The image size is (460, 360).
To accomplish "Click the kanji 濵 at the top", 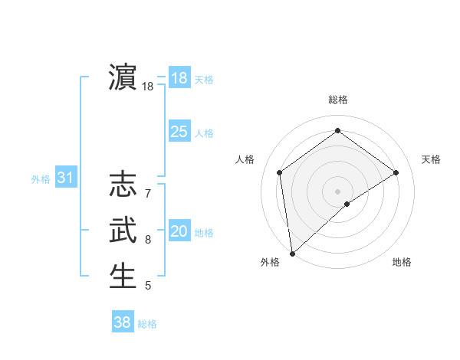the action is coord(123,77).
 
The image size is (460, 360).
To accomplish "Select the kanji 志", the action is coord(123,185).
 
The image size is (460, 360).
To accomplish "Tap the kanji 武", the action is coord(123,231).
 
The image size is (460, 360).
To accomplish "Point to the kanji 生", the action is coord(123,276).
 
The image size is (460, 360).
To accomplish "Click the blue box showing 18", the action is coord(179,78).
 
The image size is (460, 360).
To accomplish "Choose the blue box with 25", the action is coord(179,132).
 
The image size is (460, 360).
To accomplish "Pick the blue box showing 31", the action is coord(65,178).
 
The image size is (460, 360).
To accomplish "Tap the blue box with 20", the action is coord(179,231).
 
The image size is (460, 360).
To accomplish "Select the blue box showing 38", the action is coord(122,322).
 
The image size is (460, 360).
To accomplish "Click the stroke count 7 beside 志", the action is coord(148,185).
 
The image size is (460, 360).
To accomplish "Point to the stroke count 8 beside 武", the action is coord(148,240).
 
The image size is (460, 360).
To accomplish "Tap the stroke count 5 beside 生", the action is coord(148,286).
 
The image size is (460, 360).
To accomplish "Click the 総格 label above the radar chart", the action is coord(337,100).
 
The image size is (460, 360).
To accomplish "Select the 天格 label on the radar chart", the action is coord(432,159).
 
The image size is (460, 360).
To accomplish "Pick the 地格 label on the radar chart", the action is coord(402,262).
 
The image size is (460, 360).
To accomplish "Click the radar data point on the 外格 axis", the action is coord(292,253).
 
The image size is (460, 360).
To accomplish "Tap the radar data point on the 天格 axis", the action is coord(396,172).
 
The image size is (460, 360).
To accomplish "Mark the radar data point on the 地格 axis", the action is coord(347,204).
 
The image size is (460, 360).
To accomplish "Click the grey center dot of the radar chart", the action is coord(337,191).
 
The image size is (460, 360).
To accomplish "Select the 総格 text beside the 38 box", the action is coord(147,324).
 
